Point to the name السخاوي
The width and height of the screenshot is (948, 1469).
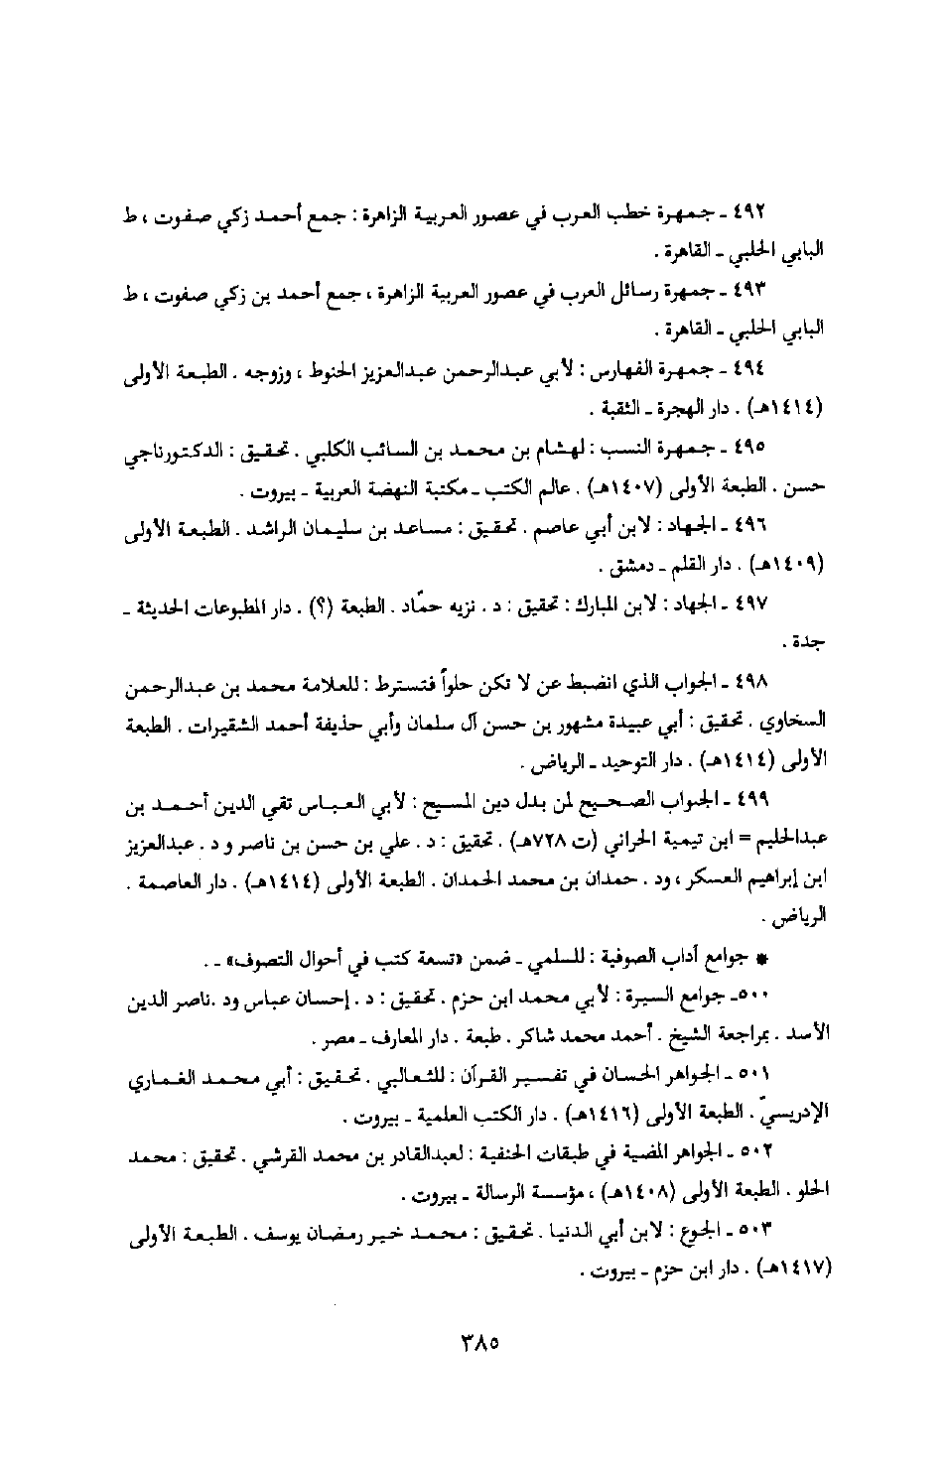click(x=797, y=719)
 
